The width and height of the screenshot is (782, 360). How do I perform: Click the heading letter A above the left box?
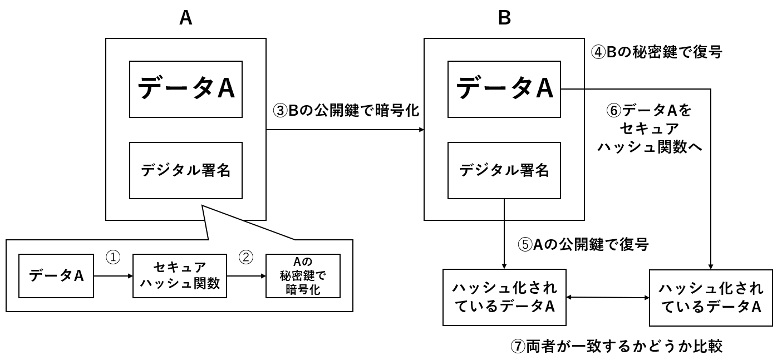pyautogui.click(x=185, y=18)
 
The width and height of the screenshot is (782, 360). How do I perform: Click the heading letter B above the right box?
pyautogui.click(x=504, y=18)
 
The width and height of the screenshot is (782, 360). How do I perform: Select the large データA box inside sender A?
pyautogui.click(x=186, y=88)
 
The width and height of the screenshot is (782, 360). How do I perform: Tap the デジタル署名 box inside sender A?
pyautogui.click(x=186, y=170)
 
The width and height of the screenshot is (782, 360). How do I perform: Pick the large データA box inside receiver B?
pyautogui.click(x=504, y=88)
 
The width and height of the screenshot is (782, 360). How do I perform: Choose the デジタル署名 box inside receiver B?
pyautogui.click(x=504, y=170)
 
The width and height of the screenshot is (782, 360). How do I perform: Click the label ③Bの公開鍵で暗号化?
pyautogui.click(x=345, y=110)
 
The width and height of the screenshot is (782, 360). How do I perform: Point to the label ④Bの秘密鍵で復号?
pyautogui.click(x=656, y=52)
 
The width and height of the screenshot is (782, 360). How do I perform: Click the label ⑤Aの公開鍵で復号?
pyautogui.click(x=583, y=244)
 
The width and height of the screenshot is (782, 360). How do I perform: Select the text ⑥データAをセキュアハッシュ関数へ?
pyautogui.click(x=649, y=129)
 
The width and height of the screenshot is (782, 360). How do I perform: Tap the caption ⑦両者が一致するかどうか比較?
pyautogui.click(x=616, y=346)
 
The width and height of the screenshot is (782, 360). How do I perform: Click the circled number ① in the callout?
pyautogui.click(x=113, y=257)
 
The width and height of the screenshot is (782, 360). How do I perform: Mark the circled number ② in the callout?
pyautogui.click(x=245, y=257)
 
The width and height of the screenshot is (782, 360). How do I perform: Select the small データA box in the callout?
pyautogui.click(x=56, y=275)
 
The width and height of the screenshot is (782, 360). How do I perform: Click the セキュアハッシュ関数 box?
pyautogui.click(x=179, y=275)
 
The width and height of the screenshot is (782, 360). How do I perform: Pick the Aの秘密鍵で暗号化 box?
pyautogui.click(x=303, y=275)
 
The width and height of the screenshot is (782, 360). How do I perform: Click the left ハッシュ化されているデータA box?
pyautogui.click(x=504, y=297)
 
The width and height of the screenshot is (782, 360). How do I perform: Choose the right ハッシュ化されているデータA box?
pyautogui.click(x=710, y=297)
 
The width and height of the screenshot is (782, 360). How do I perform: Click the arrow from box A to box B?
pyautogui.click(x=345, y=130)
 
